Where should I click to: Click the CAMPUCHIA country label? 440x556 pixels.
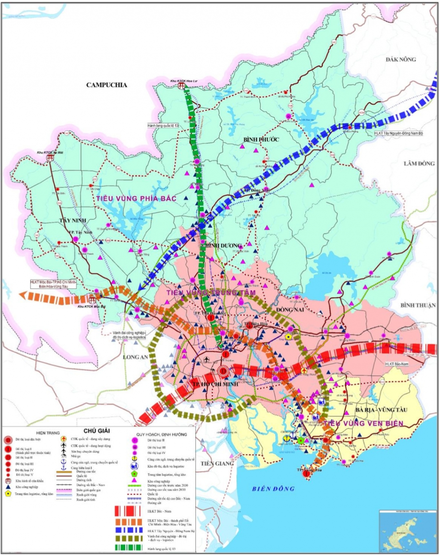(107, 85)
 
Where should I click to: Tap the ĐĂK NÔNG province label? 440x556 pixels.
(400, 59)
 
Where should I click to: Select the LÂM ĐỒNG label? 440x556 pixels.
(419, 163)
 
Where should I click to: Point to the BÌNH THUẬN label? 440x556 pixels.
(418, 305)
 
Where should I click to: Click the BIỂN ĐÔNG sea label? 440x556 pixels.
(273, 488)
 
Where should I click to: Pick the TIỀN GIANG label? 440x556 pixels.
(217, 463)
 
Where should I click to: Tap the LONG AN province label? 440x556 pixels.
(135, 357)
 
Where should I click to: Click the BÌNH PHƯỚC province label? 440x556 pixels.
(261, 139)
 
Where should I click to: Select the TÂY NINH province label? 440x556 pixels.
(73, 220)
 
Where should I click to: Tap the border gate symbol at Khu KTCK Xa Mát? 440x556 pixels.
(50, 157)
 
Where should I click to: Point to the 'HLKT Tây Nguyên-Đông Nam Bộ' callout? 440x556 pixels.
(398, 133)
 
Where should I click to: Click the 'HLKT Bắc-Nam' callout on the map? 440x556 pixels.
(396, 364)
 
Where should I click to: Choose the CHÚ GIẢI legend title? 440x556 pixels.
(97, 431)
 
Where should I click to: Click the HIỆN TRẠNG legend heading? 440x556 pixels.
(48, 433)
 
